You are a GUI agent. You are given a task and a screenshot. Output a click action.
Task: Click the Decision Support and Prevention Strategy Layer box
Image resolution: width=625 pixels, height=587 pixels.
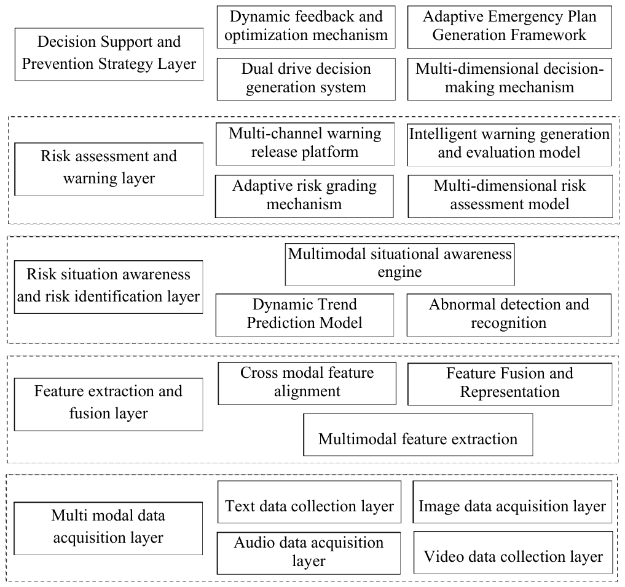(x=109, y=54)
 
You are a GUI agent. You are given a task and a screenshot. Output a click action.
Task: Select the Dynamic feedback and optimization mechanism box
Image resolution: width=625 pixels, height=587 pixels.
(x=306, y=27)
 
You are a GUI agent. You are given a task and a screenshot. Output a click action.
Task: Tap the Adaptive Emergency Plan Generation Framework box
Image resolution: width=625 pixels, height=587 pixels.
(x=509, y=27)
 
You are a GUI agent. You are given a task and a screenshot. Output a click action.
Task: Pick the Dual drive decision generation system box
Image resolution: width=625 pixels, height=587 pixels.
(x=306, y=79)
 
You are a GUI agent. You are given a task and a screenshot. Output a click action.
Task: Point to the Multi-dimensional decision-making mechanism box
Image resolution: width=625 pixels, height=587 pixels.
(x=509, y=79)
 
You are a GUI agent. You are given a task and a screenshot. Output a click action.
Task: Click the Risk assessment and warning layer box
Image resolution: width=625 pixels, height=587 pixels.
(x=109, y=169)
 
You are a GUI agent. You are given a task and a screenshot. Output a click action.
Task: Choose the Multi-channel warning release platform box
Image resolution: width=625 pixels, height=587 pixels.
(x=305, y=144)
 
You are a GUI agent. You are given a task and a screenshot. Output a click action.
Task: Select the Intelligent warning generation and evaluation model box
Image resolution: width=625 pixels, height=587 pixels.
(x=509, y=145)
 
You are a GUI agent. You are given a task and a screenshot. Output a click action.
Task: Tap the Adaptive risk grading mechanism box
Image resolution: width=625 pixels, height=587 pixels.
(x=304, y=196)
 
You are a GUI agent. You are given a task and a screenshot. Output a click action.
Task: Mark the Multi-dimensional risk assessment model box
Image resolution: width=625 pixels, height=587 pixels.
(x=510, y=196)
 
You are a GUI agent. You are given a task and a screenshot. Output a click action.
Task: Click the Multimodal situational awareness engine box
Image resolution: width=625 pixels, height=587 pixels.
(x=400, y=265)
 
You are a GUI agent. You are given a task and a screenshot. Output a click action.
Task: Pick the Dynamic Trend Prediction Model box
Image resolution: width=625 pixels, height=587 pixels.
(x=305, y=315)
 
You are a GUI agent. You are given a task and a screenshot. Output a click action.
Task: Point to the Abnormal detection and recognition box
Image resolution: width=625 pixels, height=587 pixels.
(x=509, y=315)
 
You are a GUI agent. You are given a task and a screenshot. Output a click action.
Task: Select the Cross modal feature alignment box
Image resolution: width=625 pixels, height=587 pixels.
(x=307, y=383)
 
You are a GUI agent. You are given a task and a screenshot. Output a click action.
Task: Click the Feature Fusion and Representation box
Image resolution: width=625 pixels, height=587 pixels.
(x=510, y=385)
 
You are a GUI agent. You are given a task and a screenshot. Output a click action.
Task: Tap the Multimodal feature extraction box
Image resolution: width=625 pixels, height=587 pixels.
(x=418, y=434)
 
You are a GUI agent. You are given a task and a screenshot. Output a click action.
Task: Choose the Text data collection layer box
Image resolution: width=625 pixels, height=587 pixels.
(x=309, y=502)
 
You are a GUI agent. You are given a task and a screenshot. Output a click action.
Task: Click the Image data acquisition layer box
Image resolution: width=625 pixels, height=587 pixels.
(x=513, y=502)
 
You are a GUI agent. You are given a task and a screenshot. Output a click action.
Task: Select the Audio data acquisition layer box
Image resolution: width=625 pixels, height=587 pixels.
(x=309, y=553)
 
